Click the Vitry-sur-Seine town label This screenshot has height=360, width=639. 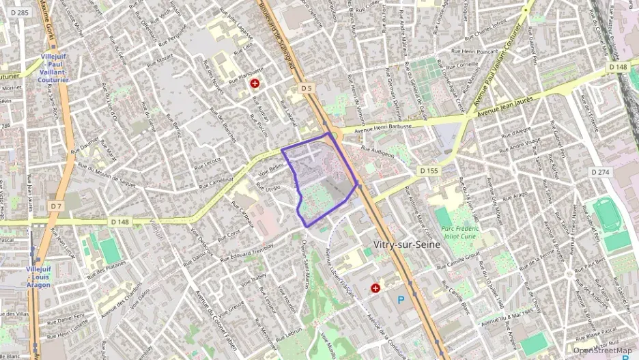(x=410, y=244)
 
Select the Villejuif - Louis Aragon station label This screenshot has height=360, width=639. (x=38, y=277)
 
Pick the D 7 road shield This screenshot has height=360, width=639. (x=55, y=206)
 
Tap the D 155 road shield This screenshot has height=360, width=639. (x=428, y=170)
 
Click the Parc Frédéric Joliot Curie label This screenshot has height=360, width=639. (x=459, y=234)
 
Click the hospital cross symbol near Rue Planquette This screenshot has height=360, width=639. (x=255, y=83)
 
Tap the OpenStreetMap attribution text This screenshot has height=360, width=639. (x=602, y=350)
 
